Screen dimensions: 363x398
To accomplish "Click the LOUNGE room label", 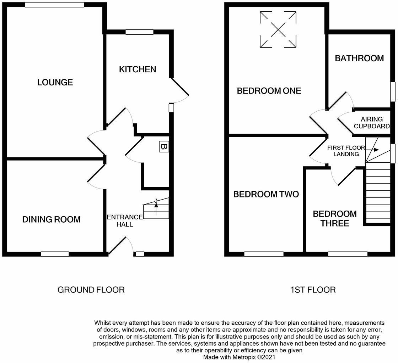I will point(55,83).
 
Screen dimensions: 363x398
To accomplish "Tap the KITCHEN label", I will point(138,69).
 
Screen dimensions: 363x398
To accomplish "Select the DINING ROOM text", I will point(51,219).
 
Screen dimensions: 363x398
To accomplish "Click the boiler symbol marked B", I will point(163,146).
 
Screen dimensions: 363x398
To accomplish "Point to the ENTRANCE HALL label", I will point(125,220).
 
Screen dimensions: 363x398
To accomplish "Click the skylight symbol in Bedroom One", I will point(278,29).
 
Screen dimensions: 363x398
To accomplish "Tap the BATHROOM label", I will point(359,58).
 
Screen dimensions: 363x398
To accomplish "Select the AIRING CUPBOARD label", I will point(372,123).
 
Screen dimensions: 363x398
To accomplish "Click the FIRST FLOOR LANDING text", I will point(346,151).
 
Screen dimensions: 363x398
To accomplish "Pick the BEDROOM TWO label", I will point(266,194).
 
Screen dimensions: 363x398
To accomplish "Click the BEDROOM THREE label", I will point(334,218).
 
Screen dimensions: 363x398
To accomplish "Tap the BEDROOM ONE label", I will point(269,91).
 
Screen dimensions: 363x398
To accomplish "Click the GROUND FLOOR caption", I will point(91,290).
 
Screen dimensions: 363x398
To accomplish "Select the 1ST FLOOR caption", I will point(313,290).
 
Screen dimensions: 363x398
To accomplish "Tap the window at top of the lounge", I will point(54,5).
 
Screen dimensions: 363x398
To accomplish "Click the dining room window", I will point(55,254).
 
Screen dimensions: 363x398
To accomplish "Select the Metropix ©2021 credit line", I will point(239,357).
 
